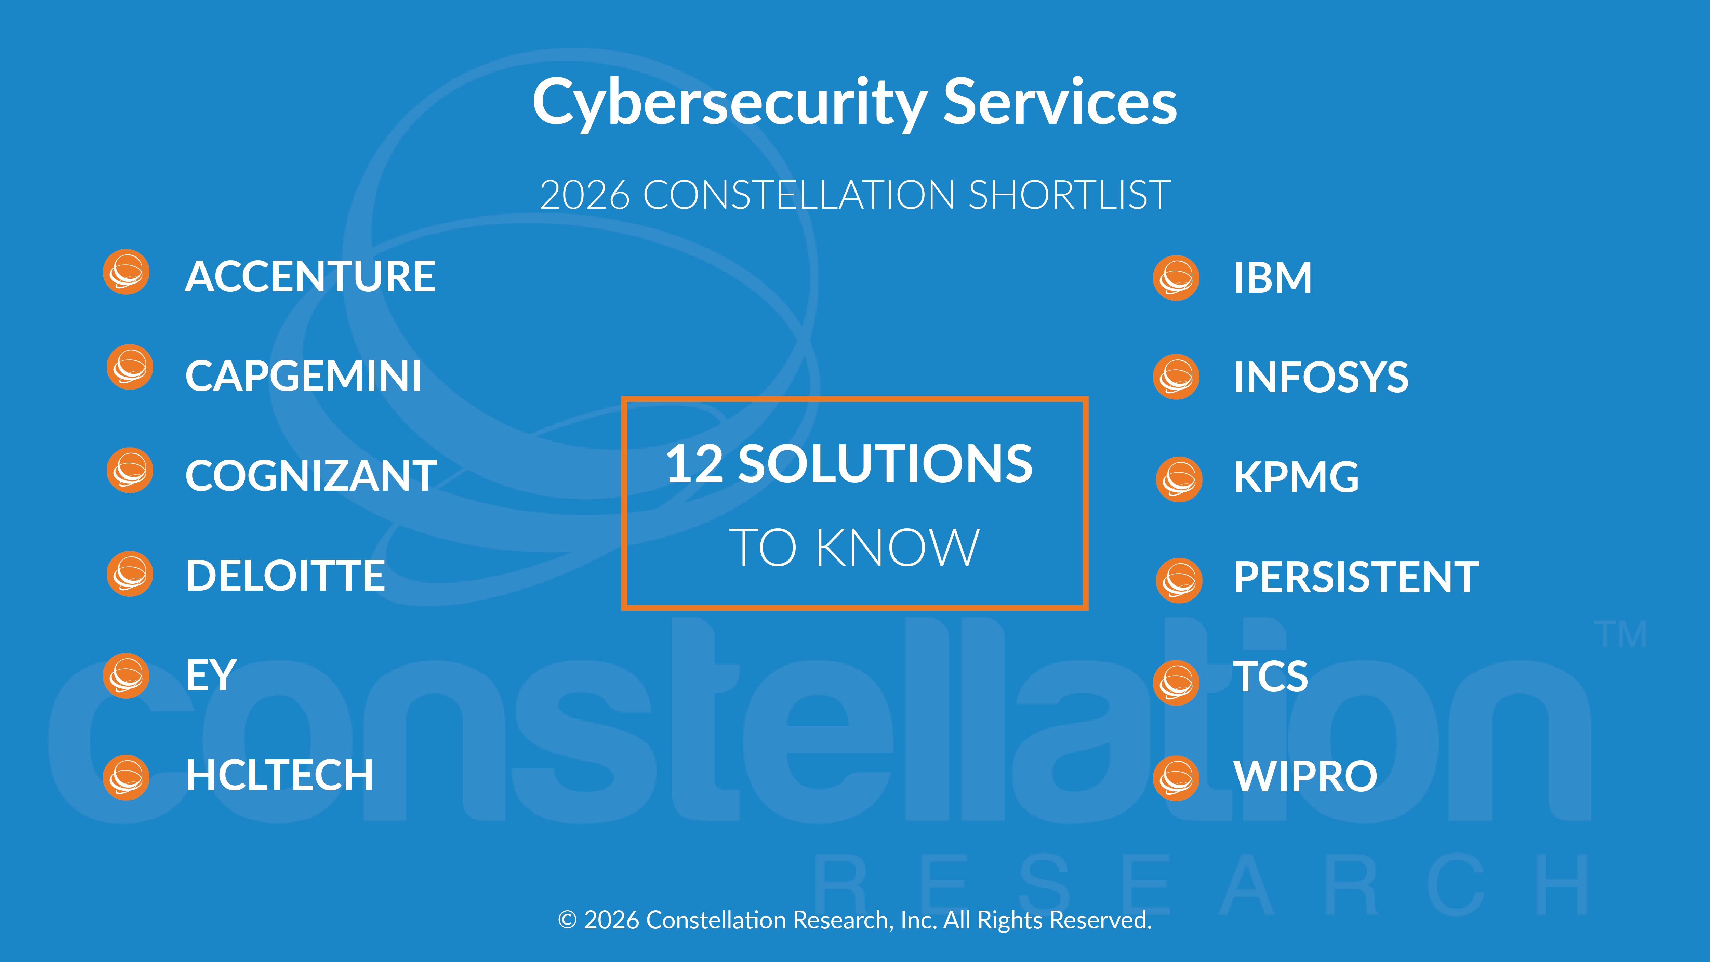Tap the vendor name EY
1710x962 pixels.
pos(211,675)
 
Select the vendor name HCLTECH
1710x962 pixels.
pos(279,775)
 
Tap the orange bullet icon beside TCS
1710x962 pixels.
pos(1176,683)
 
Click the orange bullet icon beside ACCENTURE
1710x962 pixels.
pos(126,272)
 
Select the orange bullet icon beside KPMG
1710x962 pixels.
pos(1179,479)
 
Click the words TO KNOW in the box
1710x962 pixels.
pos(854,548)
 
